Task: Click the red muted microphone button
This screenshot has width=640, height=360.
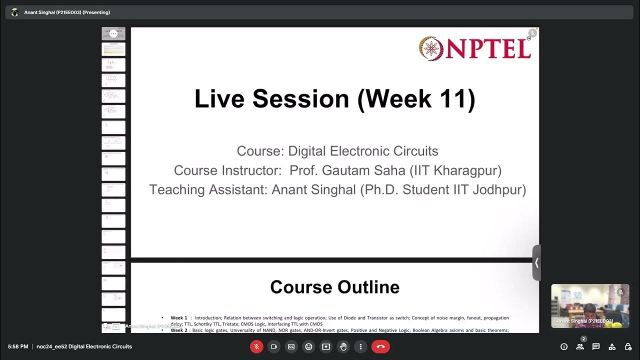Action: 256,346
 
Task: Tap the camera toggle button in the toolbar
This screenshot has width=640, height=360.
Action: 274,346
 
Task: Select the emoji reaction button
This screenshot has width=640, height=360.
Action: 308,346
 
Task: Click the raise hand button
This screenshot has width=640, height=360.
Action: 343,346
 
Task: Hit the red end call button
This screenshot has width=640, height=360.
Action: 380,346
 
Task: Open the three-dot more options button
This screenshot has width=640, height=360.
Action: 360,346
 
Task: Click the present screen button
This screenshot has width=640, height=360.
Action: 326,346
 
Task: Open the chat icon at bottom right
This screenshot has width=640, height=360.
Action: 596,346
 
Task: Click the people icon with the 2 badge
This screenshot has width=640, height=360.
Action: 580,346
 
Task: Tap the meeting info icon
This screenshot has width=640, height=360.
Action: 564,346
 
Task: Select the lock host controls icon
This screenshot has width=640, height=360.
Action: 628,346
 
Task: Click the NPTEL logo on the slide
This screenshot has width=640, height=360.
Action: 474,48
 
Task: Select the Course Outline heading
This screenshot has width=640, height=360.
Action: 334,287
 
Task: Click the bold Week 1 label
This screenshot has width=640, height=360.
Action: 178,318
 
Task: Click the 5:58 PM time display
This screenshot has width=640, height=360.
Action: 18,346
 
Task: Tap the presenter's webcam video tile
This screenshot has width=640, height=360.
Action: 590,306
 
